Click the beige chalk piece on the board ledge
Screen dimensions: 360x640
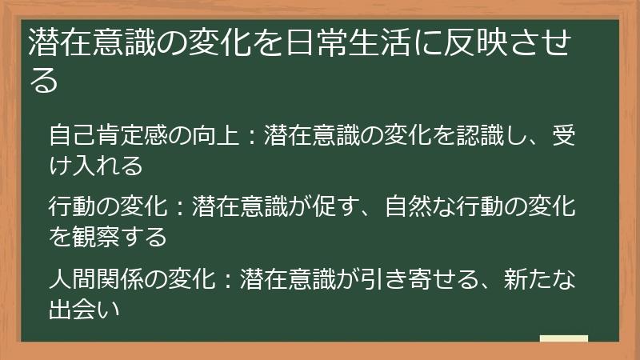point(564,339)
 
